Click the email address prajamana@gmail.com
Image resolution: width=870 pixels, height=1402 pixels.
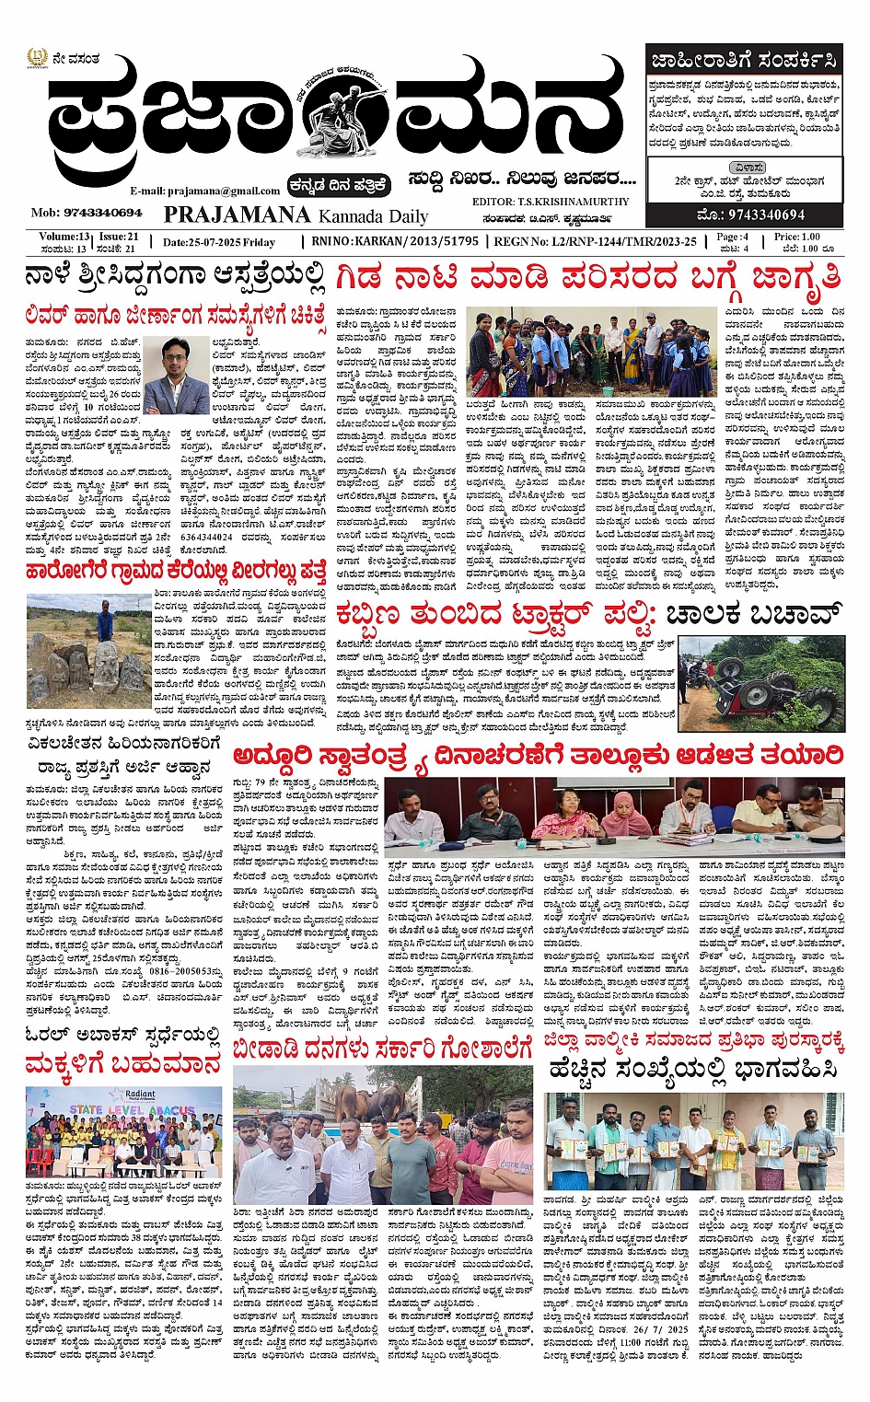204,191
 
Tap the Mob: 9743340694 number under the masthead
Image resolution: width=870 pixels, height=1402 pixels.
87,213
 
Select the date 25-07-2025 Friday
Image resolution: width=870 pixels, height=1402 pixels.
218,242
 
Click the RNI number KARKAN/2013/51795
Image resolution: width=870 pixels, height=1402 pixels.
395,241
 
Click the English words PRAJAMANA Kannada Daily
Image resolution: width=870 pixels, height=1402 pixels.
296,215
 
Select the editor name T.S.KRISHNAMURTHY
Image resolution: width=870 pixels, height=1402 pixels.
551,202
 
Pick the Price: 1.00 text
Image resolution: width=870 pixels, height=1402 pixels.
796,237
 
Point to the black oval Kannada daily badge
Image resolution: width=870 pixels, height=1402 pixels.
338,185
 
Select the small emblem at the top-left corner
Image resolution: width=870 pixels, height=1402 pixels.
35,61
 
